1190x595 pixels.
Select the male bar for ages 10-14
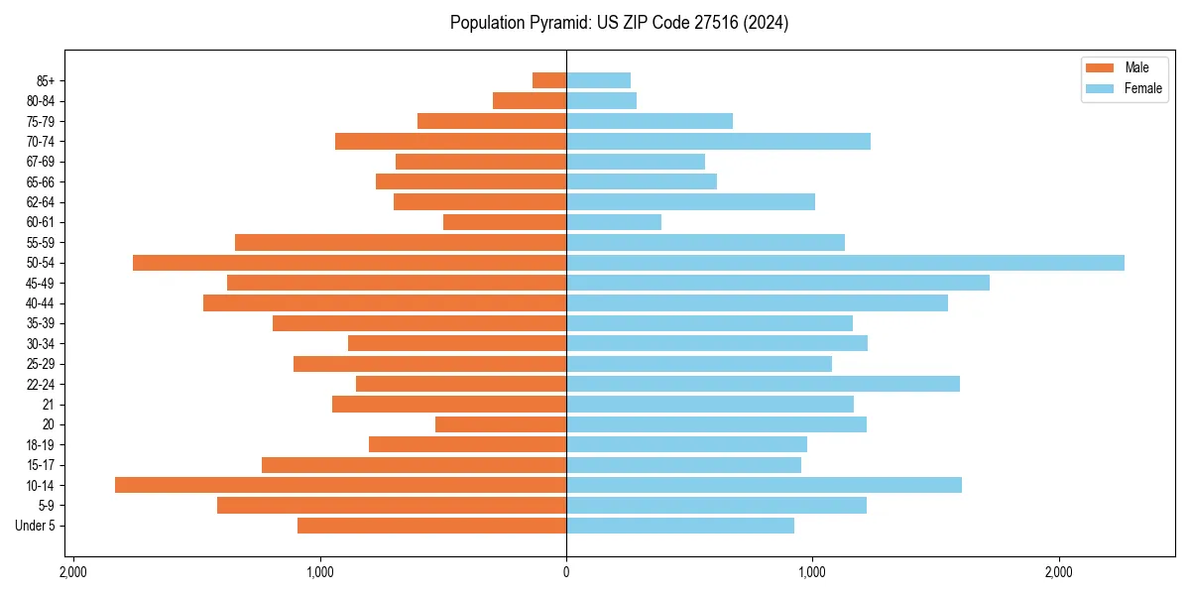340,485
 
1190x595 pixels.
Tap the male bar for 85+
549,80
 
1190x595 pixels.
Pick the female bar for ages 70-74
718,142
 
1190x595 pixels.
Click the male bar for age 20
501,424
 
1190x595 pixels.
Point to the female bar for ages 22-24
763,384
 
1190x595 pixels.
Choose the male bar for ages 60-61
505,222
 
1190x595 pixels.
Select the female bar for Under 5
680,526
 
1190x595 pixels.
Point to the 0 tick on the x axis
566,572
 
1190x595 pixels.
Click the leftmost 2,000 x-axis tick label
73,572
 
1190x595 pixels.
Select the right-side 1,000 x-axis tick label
812,572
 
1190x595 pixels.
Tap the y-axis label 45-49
41,283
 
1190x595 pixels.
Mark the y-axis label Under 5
36,526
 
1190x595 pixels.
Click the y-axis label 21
49,405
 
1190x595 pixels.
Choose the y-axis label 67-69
41,162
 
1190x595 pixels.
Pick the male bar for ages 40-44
385,303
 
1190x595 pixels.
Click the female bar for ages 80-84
601,101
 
